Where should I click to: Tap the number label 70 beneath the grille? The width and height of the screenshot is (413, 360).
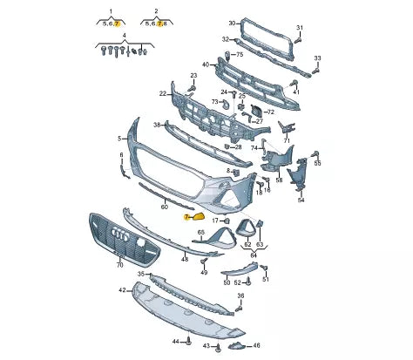pos(120,262)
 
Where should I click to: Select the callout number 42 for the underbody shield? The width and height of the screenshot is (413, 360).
pos(122,289)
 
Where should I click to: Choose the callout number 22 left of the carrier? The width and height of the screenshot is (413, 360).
pos(163,93)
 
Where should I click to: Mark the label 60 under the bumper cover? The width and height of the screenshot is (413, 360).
pos(165,207)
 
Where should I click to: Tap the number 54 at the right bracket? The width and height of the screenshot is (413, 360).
pos(301,200)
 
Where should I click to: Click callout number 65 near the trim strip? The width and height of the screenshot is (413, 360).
pos(200,233)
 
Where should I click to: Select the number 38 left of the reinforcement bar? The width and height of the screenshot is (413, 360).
pos(158,125)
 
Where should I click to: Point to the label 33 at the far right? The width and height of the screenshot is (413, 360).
pos(317,58)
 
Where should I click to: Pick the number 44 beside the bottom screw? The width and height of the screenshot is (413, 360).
pos(175,340)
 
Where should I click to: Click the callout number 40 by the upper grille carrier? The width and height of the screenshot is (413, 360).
pos(206,65)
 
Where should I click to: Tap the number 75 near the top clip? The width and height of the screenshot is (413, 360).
pos(239,55)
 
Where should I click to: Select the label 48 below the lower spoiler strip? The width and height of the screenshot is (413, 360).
pos(184,259)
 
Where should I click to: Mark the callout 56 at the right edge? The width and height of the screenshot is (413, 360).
pos(317,164)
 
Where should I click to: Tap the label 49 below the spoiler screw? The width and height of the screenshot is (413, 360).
pos(204,273)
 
